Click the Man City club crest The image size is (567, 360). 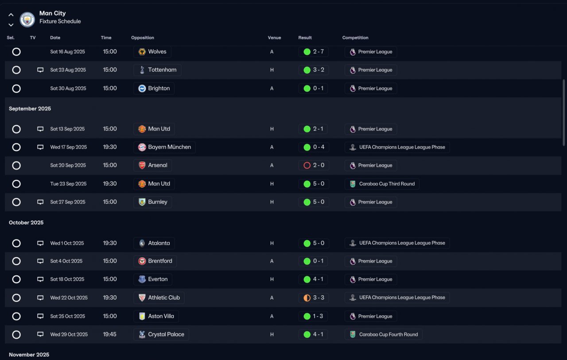27,19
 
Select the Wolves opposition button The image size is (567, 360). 152,52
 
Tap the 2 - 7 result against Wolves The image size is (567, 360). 314,52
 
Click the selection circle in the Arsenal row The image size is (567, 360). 16,166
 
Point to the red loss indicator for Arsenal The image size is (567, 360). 307,166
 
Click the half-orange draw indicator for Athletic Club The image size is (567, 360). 307,298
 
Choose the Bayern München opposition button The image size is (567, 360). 164,147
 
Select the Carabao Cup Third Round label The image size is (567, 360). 382,184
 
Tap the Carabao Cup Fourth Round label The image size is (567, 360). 384,335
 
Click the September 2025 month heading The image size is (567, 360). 30,109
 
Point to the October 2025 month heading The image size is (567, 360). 26,223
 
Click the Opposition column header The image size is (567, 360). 143,38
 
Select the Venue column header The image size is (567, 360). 274,38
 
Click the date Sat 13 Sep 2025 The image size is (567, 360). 67,129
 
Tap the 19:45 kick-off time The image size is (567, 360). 109,335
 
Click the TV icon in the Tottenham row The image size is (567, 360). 40,70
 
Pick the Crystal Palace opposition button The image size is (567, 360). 161,335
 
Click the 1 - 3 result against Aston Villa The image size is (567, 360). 313,316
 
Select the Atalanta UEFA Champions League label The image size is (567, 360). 397,243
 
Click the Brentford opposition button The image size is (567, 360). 155,261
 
